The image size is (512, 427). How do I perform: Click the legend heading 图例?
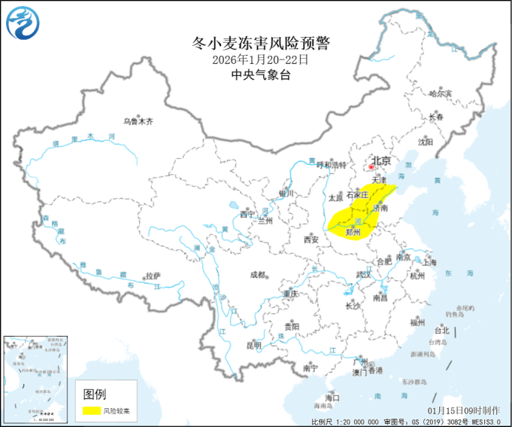(x=95, y=394)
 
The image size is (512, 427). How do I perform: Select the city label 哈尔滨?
(x=441, y=94)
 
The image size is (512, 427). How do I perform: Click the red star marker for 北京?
(x=371, y=168)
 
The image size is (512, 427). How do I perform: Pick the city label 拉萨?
(x=153, y=276)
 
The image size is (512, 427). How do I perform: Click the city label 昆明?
(x=253, y=346)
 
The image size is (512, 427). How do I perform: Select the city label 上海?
(x=430, y=263)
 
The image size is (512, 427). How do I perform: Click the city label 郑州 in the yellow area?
(x=353, y=233)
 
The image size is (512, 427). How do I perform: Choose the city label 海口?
(x=332, y=397)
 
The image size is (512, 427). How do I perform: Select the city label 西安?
(x=312, y=240)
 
